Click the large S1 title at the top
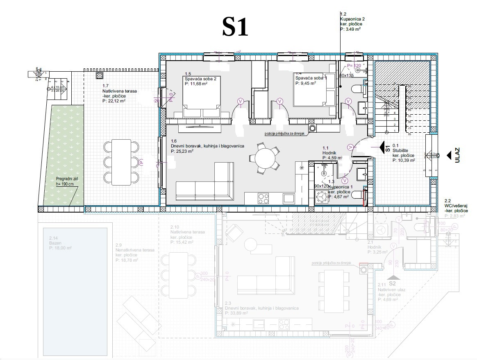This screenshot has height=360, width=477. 235,27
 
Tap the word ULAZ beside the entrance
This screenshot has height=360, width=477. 458,155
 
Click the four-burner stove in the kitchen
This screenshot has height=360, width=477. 263,199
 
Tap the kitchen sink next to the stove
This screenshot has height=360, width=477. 288,199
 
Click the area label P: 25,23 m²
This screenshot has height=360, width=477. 182,151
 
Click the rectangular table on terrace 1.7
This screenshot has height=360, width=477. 122,162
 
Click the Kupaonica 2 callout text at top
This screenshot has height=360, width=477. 351,22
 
